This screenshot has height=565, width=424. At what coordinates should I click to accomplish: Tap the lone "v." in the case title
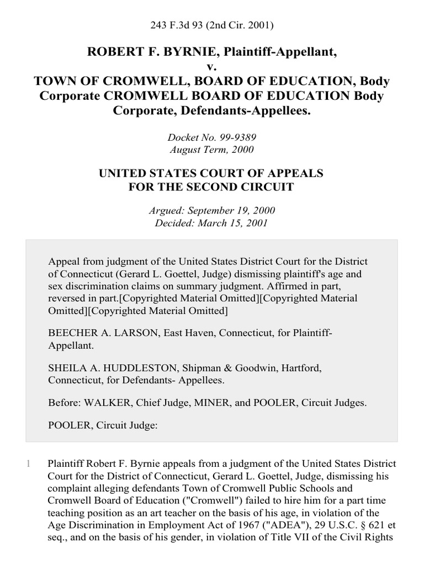coord(212,67)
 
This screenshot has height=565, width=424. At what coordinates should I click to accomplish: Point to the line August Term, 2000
coord(211,148)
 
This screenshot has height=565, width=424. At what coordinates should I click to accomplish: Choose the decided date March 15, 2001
coord(231,223)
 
